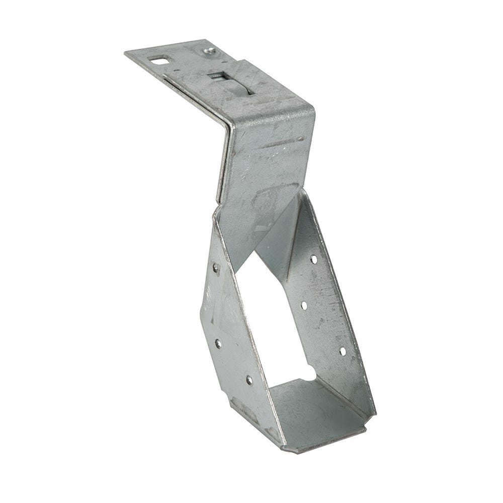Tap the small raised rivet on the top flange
[x=210, y=51]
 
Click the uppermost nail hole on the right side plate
[x=313, y=260]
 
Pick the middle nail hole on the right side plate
[x=304, y=305]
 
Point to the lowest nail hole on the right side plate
[x=343, y=351]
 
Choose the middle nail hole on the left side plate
[x=218, y=344]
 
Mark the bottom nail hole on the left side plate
[x=249, y=380]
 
